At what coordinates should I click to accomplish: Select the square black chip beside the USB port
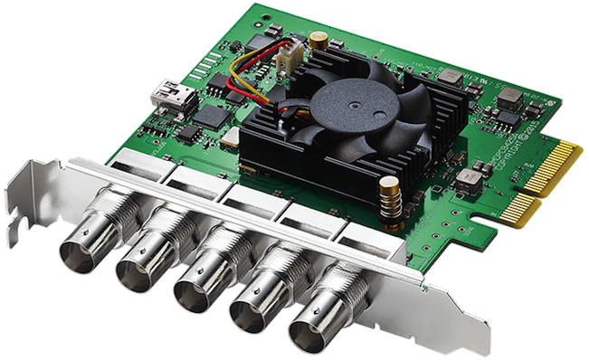pos(211,116)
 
